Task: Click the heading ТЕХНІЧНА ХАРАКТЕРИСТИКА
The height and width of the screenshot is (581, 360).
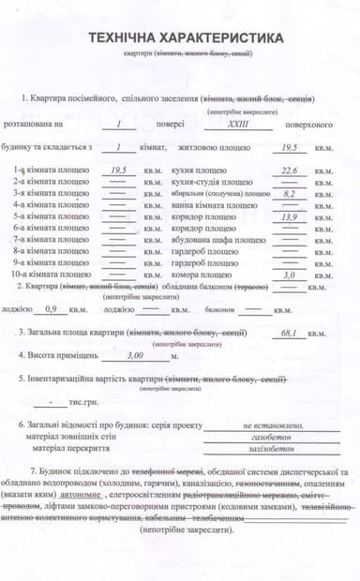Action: pyautogui.click(x=184, y=38)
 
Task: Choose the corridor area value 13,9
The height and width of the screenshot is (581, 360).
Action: pyautogui.click(x=290, y=216)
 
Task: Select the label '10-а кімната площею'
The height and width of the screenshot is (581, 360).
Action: pyautogui.click(x=52, y=275)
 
